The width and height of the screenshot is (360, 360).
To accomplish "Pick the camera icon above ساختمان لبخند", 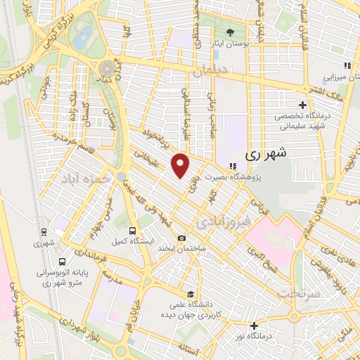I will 182,238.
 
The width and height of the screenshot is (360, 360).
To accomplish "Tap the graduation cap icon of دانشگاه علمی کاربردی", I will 190,294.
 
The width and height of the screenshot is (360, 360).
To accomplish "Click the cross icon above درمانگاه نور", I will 254,326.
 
